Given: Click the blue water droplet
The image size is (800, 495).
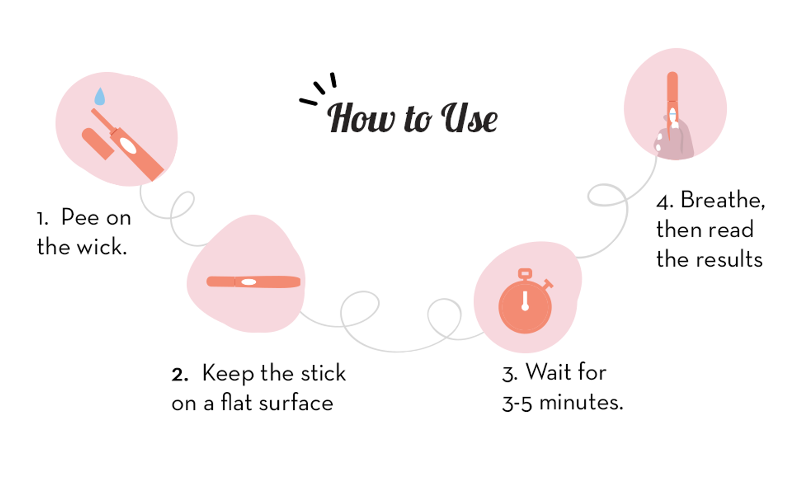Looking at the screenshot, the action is [x=99, y=96].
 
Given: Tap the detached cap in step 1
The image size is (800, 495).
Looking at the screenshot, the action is [x=97, y=144].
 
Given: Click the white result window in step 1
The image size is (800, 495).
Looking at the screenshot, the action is [x=128, y=146].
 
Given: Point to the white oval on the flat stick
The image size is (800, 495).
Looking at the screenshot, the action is [x=249, y=282].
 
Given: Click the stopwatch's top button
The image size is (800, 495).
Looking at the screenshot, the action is [x=525, y=274].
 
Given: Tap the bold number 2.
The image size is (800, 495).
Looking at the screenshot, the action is [x=179, y=375].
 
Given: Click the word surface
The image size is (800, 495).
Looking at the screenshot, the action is [x=296, y=403].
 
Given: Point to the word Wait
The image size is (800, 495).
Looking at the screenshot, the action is [x=548, y=372].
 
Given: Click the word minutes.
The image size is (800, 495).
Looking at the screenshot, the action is [x=581, y=402].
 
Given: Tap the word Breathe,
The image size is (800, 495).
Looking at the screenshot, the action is [x=723, y=200].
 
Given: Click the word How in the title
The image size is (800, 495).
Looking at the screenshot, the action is [x=361, y=118].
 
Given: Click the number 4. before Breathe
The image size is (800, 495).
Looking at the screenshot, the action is [x=664, y=203].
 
